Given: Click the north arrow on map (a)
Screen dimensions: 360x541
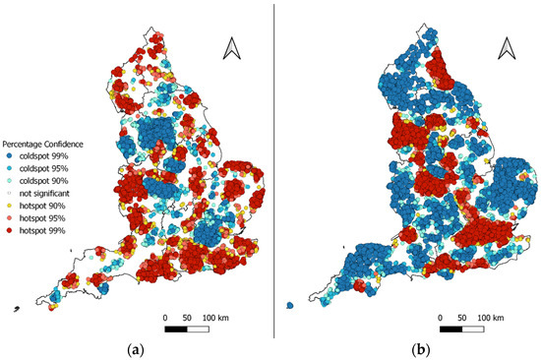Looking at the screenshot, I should pos(231,47).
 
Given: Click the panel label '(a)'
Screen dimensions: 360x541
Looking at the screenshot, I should pos(133,350).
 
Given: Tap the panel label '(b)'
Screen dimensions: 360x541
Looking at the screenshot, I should pos(406,350).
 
